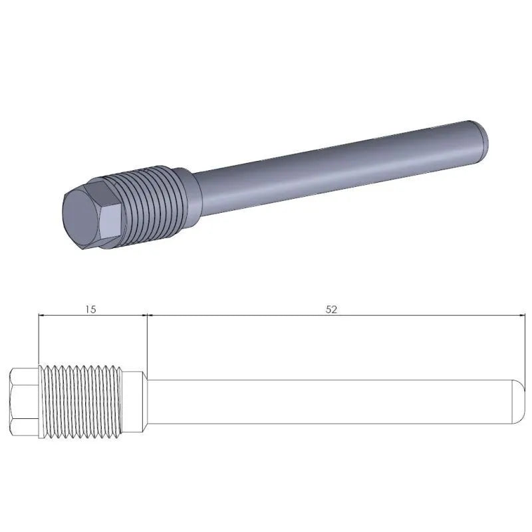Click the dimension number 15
(x=91, y=309)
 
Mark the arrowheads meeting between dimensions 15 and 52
(x=146, y=316)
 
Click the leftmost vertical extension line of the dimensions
(x=39, y=339)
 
